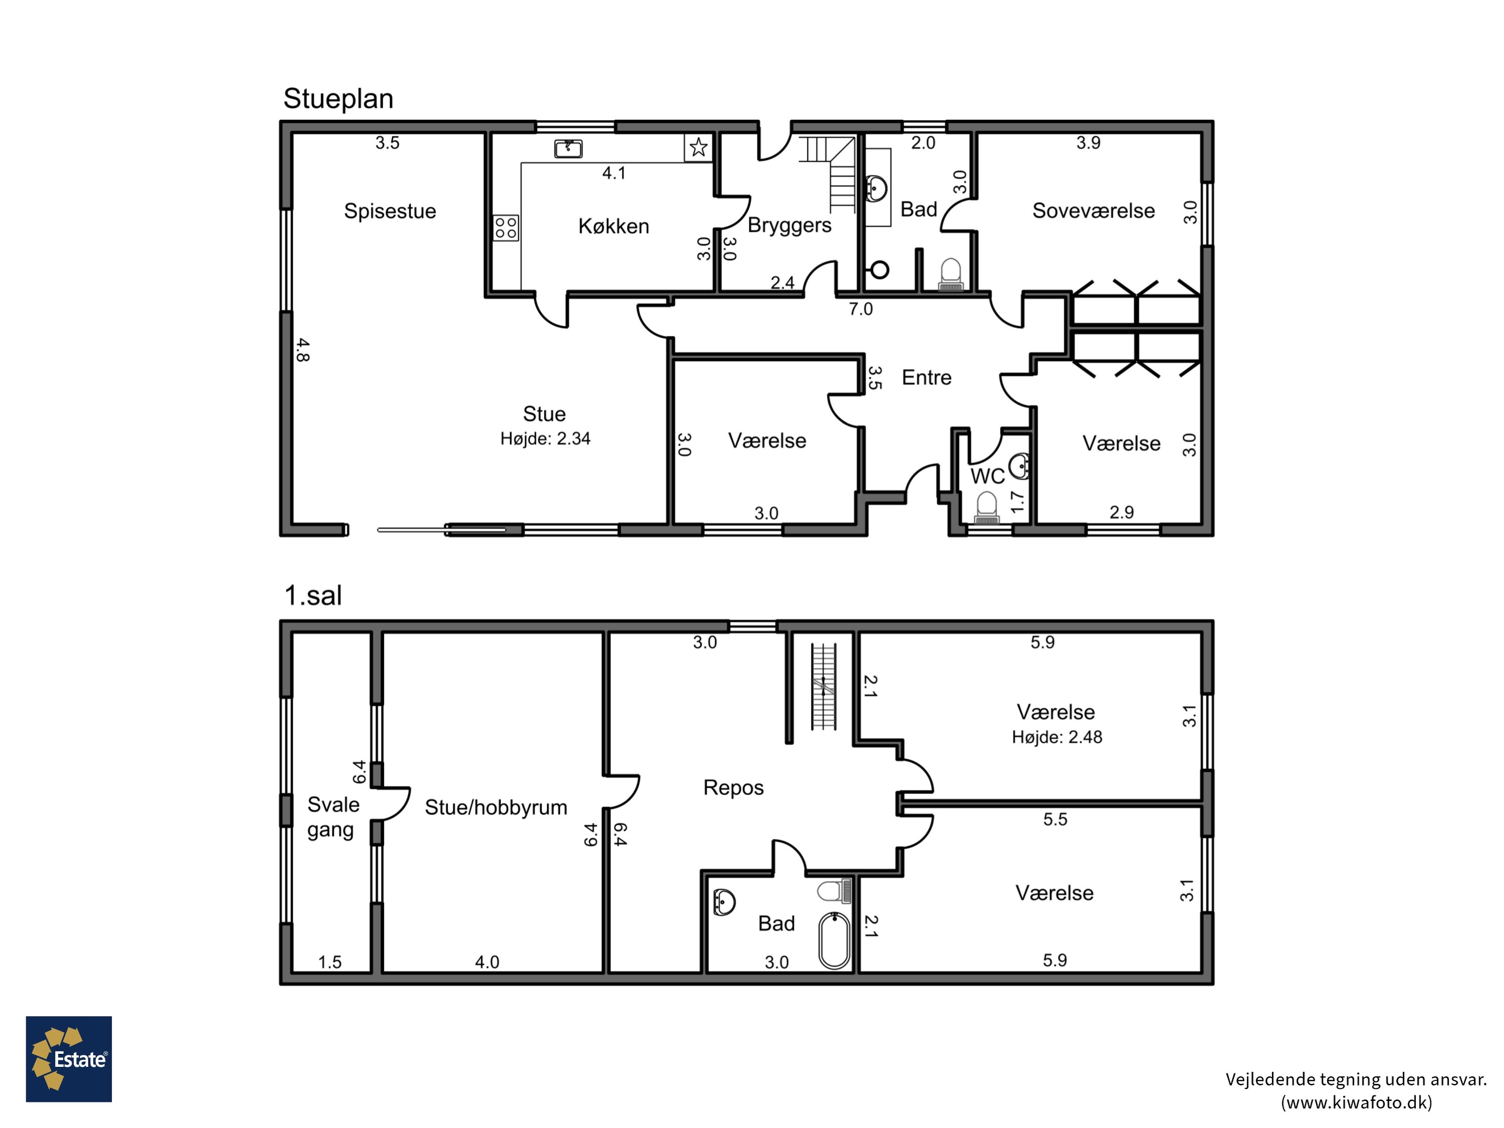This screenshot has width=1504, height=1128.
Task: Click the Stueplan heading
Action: [338, 99]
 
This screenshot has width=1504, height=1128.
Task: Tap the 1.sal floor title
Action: [313, 595]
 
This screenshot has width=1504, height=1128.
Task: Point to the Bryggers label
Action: [790, 226]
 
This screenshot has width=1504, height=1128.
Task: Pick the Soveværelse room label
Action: [1093, 211]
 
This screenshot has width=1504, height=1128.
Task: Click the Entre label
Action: [926, 378]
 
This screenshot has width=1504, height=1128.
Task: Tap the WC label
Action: [987, 476]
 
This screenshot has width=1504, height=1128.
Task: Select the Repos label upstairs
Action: [733, 788]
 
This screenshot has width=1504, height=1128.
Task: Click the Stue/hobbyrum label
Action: [496, 808]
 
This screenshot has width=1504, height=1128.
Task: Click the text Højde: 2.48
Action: [1057, 737]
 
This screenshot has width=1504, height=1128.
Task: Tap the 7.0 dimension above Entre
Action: [860, 309]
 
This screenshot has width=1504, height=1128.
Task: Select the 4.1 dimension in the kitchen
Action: [613, 173]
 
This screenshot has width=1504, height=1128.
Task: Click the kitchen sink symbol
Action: [569, 148]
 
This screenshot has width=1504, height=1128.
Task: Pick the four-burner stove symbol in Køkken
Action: [506, 228]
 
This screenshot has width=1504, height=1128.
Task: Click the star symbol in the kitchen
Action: [698, 147]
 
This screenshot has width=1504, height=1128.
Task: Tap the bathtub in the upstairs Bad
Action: [834, 941]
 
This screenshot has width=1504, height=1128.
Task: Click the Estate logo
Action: [69, 1059]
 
